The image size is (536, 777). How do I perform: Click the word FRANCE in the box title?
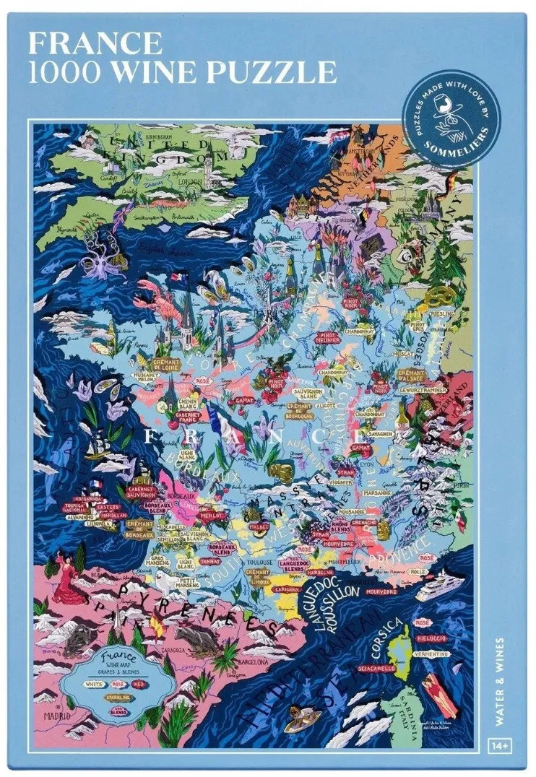coord(95,43)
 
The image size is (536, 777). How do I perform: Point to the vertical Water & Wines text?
coord(500,675)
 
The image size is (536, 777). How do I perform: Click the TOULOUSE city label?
coord(259,562)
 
